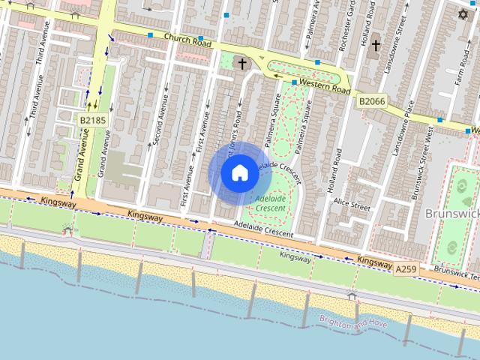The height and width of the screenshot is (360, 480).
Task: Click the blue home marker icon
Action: [x=238, y=172]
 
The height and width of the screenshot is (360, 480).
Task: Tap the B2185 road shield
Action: [x=91, y=118]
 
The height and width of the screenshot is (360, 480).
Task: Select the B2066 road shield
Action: [x=371, y=100]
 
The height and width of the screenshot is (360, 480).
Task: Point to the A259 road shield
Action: [x=405, y=268]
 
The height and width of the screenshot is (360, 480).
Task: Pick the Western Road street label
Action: [x=325, y=85]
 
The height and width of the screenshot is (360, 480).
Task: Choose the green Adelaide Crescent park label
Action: [x=271, y=203]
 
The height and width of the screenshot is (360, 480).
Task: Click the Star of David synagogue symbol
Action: [x=463, y=14]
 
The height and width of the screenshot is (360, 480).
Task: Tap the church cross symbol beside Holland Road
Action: [x=375, y=46]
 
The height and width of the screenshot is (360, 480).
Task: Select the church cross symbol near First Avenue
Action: [x=241, y=64]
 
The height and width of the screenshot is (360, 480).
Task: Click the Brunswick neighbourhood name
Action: [x=452, y=214]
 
